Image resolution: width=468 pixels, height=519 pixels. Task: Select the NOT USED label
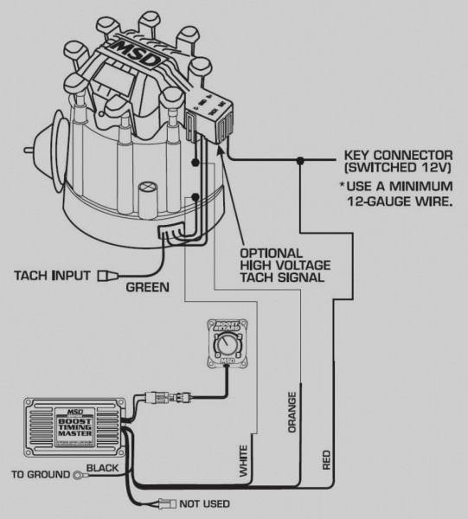(x=204, y=503)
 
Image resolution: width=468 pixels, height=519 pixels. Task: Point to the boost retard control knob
(x=228, y=346)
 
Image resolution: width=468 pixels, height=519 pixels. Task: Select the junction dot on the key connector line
(x=300, y=159)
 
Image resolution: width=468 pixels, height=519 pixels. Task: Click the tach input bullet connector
(x=110, y=278)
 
